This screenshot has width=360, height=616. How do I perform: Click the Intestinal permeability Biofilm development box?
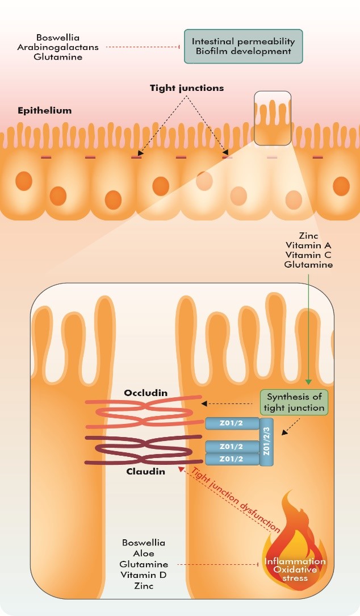point(244,47)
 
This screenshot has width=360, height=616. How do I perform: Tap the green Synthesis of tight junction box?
point(294,402)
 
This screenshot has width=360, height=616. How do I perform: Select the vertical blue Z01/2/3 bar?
point(266,442)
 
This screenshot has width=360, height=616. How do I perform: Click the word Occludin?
point(146,393)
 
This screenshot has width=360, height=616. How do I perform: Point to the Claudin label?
point(146,472)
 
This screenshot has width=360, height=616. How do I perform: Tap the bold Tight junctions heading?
point(187,88)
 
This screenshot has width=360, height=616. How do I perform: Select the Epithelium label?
point(45,110)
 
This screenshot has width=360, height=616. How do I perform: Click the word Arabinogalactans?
point(58,47)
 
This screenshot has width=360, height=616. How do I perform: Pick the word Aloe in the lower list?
point(144,553)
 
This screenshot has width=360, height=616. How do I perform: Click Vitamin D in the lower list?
point(143,575)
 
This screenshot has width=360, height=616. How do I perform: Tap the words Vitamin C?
point(308,255)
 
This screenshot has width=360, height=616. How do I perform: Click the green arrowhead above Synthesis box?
point(308,382)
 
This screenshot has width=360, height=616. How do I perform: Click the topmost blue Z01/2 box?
point(232,423)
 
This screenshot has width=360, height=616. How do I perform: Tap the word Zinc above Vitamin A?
point(308,236)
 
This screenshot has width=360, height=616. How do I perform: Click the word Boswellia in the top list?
point(58,38)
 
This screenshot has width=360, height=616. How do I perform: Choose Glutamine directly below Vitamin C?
point(308,265)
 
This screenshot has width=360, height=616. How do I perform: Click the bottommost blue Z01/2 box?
point(232,459)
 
